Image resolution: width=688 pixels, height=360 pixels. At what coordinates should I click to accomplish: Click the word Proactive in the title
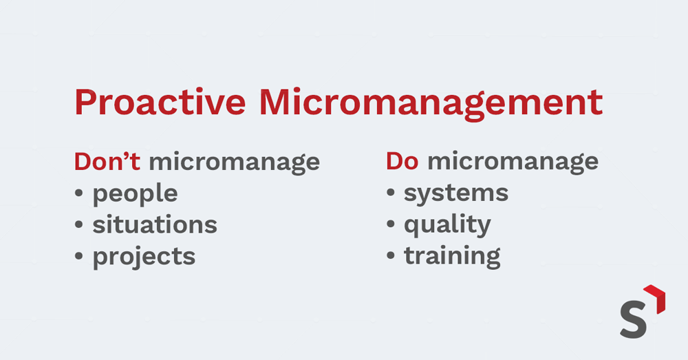click(160, 103)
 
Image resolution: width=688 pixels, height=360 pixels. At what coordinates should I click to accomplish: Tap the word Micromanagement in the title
click(431, 104)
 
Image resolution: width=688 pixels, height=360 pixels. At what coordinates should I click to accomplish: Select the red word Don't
click(107, 161)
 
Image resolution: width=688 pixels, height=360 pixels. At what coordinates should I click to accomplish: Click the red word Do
click(402, 161)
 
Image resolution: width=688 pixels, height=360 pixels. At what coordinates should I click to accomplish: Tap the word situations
click(155, 225)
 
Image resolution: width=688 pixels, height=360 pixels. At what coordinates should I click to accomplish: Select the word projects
click(144, 257)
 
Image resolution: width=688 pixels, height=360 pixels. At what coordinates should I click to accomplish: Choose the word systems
click(456, 194)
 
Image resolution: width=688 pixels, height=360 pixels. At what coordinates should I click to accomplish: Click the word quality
click(448, 226)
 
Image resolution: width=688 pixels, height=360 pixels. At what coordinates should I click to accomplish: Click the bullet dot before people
click(79, 193)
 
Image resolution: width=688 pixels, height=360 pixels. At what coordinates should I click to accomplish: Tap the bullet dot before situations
click(79, 225)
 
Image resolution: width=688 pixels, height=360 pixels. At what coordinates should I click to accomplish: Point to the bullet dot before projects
click(79, 256)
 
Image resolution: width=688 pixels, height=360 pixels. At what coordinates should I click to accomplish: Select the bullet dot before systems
click(391, 193)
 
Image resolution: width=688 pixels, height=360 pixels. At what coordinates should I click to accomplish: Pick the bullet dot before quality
click(391, 224)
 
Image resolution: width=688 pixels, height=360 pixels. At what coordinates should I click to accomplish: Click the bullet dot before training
click(391, 255)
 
